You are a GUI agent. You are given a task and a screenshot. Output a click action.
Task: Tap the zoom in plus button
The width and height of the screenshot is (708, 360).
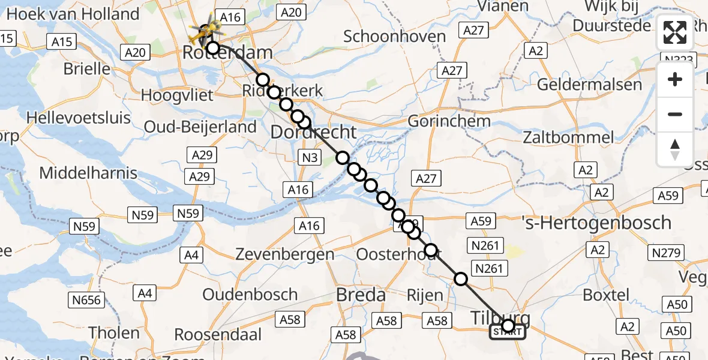coord(675,79)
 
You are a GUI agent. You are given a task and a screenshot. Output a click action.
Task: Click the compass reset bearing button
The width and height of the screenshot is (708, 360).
coord(675,149)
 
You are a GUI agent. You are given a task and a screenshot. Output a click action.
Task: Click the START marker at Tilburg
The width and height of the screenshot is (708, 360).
coord(508,331)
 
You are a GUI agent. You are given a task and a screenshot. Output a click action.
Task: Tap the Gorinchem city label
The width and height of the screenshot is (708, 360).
coord(449,121)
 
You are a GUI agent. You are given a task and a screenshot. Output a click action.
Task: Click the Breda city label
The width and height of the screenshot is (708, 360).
coord(361,295)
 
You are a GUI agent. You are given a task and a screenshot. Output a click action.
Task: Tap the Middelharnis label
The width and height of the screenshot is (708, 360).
coord(88,173)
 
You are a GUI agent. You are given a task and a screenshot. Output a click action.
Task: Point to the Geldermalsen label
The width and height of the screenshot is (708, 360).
coord(589,84)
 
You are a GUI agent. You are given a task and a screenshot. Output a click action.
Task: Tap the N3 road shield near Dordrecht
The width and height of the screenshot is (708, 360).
coord(308,158)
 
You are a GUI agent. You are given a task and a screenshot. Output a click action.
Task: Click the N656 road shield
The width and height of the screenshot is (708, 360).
coord(88,299)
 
